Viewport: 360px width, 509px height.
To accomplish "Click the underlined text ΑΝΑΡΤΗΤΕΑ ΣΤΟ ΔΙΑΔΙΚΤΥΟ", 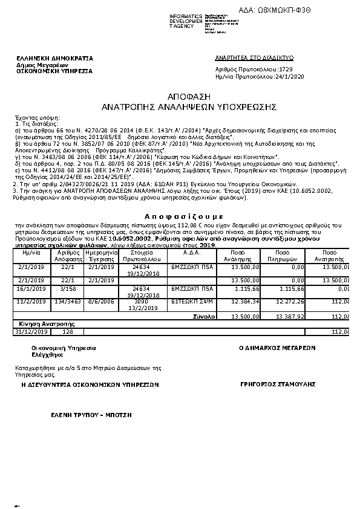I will [x=254, y=57].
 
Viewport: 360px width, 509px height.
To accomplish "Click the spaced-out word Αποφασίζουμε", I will [x=185, y=215].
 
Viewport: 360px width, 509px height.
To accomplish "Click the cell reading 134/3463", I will [x=68, y=300].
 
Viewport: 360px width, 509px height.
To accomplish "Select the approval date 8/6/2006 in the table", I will [x=100, y=300].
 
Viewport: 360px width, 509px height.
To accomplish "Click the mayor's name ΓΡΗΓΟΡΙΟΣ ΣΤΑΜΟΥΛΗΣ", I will [x=270, y=384].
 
